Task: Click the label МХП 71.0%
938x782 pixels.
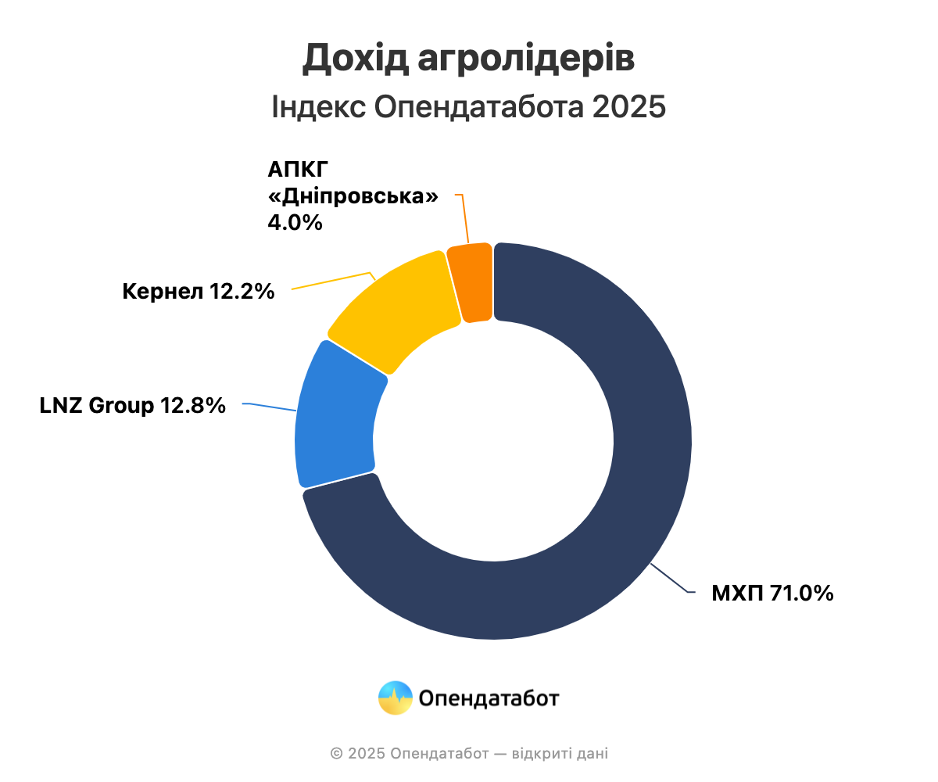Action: (x=772, y=594)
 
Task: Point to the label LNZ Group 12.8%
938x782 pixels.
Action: (x=133, y=406)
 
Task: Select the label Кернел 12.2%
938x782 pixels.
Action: (x=199, y=292)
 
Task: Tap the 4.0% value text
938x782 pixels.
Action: (x=295, y=222)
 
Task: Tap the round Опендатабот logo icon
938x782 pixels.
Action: (x=395, y=698)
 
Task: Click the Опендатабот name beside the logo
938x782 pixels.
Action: (x=489, y=698)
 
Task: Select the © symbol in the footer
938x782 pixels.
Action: (x=337, y=754)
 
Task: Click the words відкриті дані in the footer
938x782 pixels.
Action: (x=560, y=754)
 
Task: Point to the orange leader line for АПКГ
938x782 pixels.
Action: (x=464, y=219)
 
